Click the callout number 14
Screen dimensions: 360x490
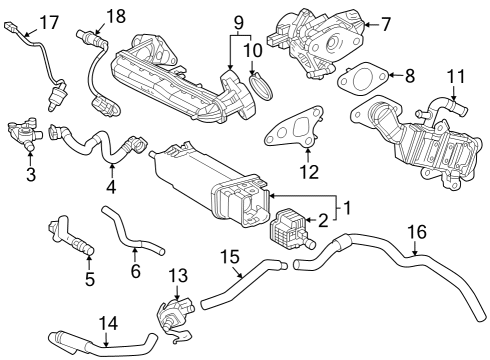click(x=107, y=322)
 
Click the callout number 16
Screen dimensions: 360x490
click(x=416, y=231)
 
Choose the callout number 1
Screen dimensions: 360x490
click(x=347, y=208)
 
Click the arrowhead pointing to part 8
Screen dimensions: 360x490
click(x=382, y=75)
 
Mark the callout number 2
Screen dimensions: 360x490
click(x=323, y=221)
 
